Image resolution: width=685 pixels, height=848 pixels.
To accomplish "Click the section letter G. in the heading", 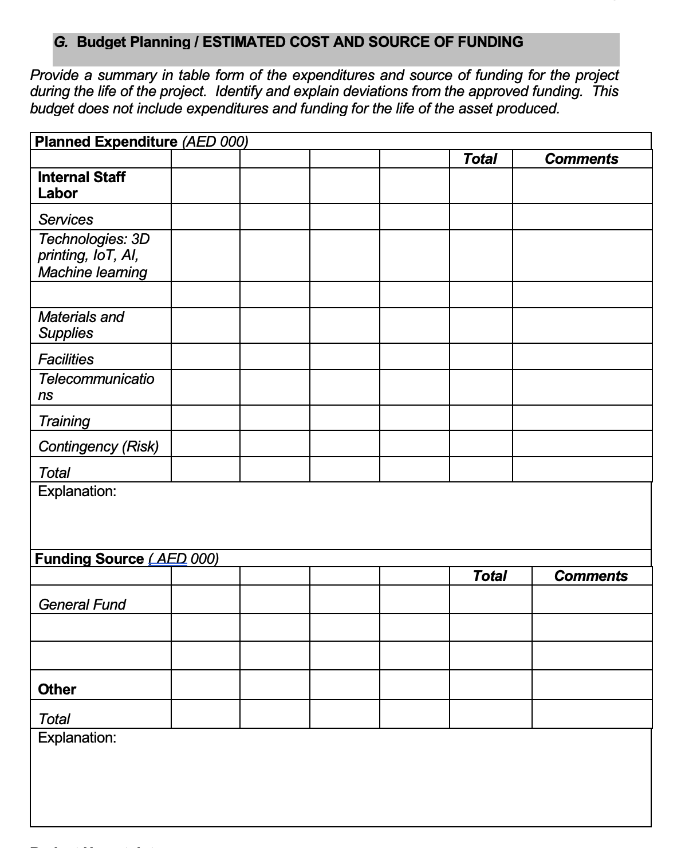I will [60, 42].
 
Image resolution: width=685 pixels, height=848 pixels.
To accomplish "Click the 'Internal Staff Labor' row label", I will [81, 185].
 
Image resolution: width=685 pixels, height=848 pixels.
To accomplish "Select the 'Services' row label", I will [65, 219].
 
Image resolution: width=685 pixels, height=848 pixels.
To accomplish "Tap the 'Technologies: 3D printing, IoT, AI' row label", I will [93, 256].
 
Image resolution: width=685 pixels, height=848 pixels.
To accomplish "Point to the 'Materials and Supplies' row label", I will [81, 325].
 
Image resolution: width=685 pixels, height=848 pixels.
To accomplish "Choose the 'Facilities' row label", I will [66, 359].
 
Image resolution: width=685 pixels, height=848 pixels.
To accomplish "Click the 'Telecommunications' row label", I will [96, 387].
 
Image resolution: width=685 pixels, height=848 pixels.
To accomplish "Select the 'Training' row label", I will [64, 421].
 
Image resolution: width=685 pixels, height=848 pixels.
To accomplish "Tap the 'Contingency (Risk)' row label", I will [99, 446].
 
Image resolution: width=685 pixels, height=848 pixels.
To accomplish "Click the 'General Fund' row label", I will [82, 604].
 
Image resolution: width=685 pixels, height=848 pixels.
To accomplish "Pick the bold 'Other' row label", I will [57, 689].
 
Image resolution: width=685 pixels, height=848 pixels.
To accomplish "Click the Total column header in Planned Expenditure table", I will [480, 159].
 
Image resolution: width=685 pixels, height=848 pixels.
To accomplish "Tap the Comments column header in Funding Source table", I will [591, 576].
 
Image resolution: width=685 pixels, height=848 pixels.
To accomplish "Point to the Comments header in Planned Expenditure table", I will [581, 159].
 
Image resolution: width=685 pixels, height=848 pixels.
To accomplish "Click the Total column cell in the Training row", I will [481, 418].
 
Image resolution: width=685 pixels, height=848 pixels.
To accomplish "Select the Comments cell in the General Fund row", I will [592, 599].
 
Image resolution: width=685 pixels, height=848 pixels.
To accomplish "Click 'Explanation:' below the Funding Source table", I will [77, 737].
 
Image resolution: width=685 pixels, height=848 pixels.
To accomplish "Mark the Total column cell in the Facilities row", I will [481, 356].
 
